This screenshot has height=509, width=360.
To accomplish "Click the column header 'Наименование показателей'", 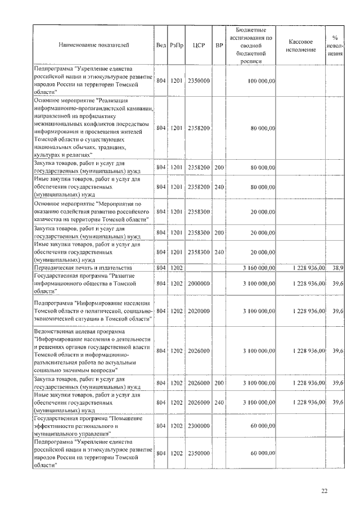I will coord(93,43).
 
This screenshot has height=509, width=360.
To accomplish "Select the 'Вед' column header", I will coord(161,43).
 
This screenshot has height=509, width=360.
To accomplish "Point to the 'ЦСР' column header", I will coord(197,43).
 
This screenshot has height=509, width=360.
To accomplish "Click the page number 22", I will coord(324,491).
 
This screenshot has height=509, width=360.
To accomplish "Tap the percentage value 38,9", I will coord(338,268).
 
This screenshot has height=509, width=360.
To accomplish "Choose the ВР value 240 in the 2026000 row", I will coord(219,403).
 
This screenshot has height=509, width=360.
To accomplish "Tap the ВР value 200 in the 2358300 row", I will coord(219,232).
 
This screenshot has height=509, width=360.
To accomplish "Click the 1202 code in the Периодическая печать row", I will coord(177,268).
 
